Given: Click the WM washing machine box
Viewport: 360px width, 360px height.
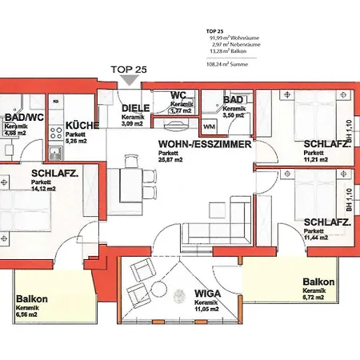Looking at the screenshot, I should (209, 127).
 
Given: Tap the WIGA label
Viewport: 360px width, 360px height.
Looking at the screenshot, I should (207, 294).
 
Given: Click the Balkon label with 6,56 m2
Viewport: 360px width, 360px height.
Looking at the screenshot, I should (32, 300).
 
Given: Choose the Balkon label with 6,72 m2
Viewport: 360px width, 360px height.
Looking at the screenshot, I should (318, 282).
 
